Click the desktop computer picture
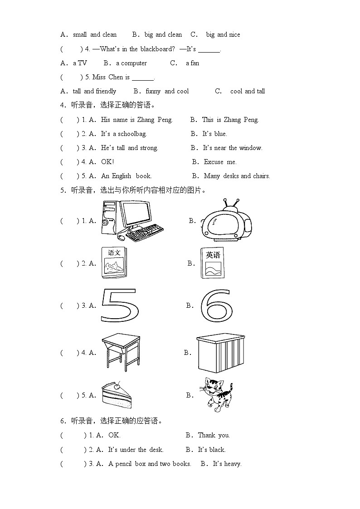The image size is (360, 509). (131, 220)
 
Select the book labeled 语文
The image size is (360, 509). (114, 263)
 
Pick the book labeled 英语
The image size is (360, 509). (212, 263)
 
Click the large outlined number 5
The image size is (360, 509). (119, 305)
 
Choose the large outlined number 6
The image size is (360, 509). (216, 305)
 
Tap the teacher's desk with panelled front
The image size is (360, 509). (221, 353)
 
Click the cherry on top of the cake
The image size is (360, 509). (117, 386)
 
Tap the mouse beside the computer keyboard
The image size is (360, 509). (121, 237)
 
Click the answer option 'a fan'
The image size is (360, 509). (192, 63)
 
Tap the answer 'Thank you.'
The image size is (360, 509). (214, 435)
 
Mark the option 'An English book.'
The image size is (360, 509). (126, 176)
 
